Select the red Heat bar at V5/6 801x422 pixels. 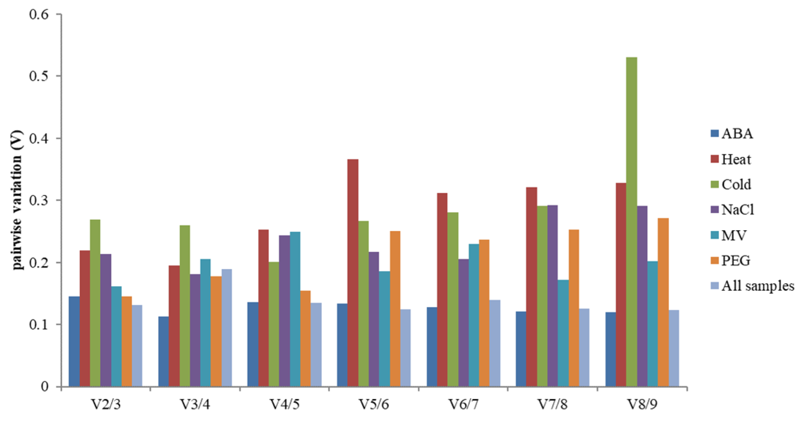point(353,273)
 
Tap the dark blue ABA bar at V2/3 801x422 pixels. point(74,341)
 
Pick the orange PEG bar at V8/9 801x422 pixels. point(663,302)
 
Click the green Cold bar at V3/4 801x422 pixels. point(185,306)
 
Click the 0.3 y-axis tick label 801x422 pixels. point(39,200)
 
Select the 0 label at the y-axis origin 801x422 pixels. point(45,387)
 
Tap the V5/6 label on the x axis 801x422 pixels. point(374,404)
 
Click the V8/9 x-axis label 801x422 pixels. point(642,404)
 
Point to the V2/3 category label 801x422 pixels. point(106,404)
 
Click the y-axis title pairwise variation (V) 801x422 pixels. point(17,200)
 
